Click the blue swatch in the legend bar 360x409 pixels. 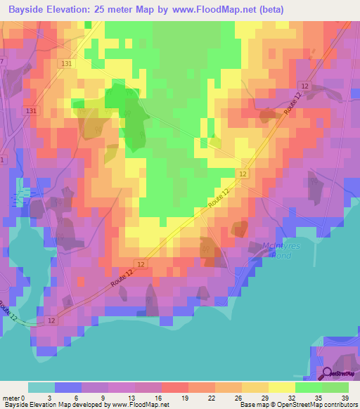coord(67,387)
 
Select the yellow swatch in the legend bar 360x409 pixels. coord(281,387)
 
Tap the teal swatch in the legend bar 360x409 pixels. coord(41,387)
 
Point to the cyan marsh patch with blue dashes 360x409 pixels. coord(26,193)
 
